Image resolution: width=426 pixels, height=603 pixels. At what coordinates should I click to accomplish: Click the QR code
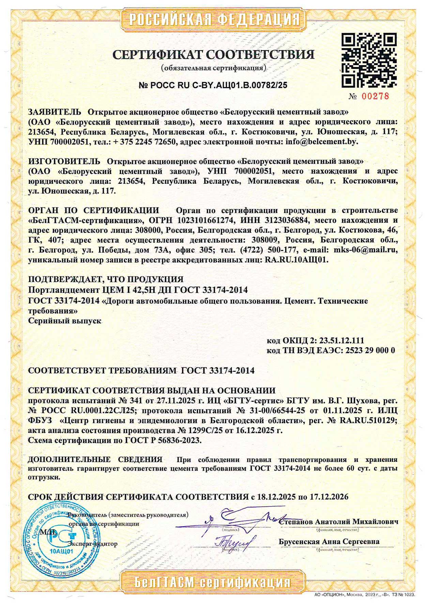click(369, 60)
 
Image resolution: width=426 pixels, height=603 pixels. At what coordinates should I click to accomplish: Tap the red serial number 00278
click(375, 97)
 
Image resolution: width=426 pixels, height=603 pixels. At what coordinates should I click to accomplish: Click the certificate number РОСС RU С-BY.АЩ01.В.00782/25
click(213, 85)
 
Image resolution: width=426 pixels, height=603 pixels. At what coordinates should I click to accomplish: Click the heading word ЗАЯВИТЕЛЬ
click(55, 112)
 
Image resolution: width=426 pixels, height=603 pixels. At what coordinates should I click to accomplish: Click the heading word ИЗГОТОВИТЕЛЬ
click(64, 161)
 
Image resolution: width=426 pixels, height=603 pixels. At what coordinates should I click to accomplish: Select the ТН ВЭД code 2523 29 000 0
click(370, 350)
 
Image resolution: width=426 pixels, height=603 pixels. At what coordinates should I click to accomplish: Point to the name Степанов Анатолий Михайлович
click(338, 522)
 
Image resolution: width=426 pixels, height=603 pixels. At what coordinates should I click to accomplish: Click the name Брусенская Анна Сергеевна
click(329, 542)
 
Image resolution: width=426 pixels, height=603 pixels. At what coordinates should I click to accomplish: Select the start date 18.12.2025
click(276, 497)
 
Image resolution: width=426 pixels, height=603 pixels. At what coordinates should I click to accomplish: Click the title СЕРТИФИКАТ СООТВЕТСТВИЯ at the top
click(213, 55)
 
